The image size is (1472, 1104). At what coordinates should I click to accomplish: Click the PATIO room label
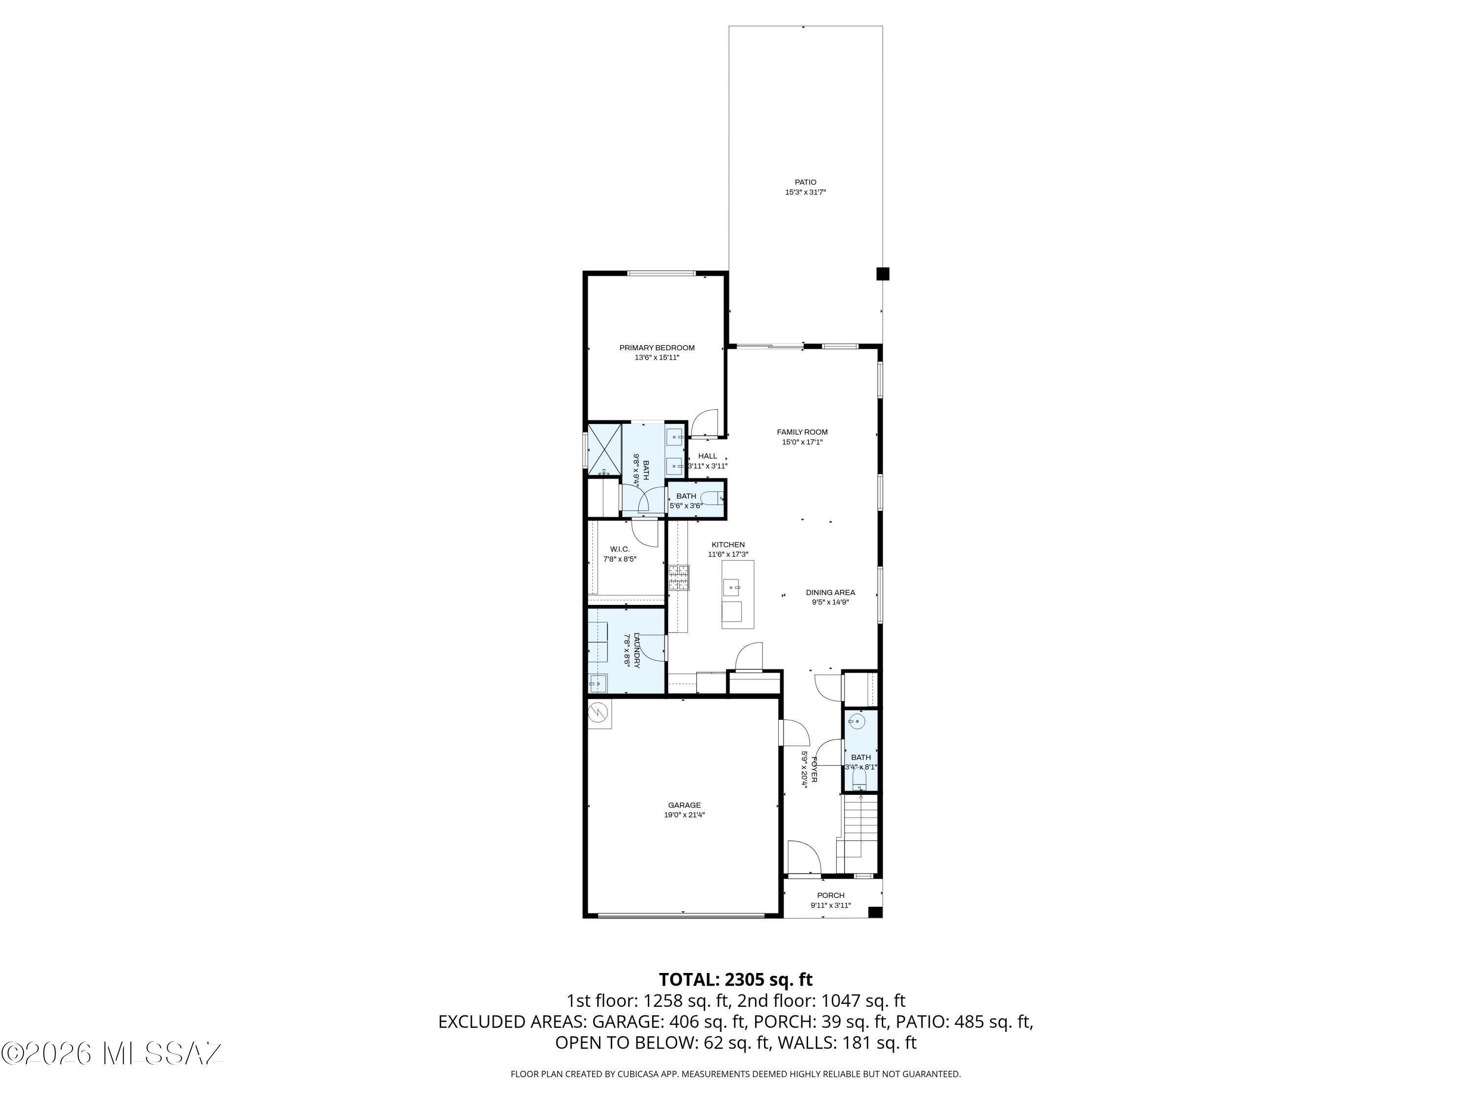pyautogui.click(x=805, y=183)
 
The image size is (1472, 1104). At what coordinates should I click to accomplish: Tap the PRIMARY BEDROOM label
pyautogui.click(x=657, y=348)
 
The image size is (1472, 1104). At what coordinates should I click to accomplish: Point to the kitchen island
pyautogui.click(x=738, y=594)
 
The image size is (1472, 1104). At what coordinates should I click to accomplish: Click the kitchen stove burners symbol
pyautogui.click(x=679, y=578)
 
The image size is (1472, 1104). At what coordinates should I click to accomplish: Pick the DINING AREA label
pyautogui.click(x=830, y=593)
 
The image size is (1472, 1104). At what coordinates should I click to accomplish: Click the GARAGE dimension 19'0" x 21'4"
pyautogui.click(x=684, y=815)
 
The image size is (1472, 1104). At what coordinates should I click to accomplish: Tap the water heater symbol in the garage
pyautogui.click(x=600, y=713)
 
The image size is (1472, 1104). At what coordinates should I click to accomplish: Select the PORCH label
pyautogui.click(x=831, y=895)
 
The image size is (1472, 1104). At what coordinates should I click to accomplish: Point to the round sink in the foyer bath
pyautogui.click(x=858, y=721)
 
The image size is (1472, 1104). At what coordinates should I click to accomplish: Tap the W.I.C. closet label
pyautogui.click(x=620, y=550)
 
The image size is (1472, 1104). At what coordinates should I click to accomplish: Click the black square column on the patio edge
pyautogui.click(x=882, y=273)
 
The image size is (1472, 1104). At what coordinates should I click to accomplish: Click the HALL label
pyautogui.click(x=708, y=456)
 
